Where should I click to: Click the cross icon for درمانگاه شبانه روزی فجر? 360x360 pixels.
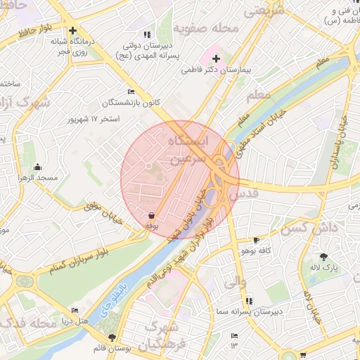pyautogui.click(x=73, y=30)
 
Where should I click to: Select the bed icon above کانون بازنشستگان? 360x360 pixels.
pyautogui.click(x=131, y=92)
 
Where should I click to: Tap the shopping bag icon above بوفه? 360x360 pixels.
pyautogui.click(x=151, y=215)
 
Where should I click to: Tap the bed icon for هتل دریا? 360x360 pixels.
pyautogui.click(x=75, y=310)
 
